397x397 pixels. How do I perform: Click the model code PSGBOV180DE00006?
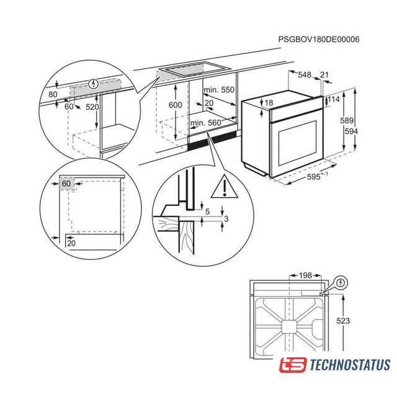pos(319,39)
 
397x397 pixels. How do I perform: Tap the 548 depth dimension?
pos(305,74)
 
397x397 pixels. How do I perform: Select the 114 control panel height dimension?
pos(334,99)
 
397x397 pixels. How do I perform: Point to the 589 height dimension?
pos(347,120)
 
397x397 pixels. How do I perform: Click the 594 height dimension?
pos(351,132)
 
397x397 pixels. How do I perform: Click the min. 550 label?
pos(219,90)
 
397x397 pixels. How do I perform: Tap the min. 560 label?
pos(205,123)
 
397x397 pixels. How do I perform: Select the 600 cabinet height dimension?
pos(175,105)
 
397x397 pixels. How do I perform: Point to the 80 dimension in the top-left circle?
pos(53,94)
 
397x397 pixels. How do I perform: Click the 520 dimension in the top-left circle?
pos(92,107)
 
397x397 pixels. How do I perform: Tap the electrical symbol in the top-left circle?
pos(94,84)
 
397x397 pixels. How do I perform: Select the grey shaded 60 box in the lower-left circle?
pos(67,184)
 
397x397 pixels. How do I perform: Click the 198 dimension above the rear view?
pos(305,275)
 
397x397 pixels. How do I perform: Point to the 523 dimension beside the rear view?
pos(343,321)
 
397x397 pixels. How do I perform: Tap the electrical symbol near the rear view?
pos(341,283)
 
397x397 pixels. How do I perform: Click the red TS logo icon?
pos(293,365)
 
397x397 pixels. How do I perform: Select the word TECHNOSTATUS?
pos(350,365)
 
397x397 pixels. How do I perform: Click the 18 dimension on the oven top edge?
pos(269,102)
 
